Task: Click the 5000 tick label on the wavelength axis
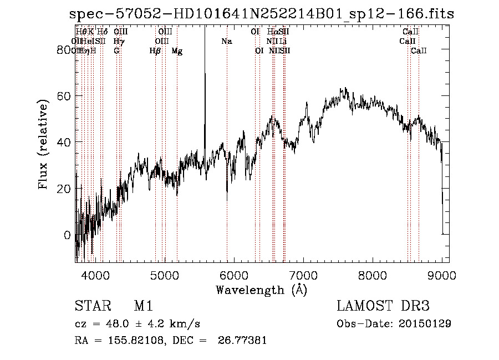click(x=164, y=276)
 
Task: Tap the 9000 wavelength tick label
click(x=442, y=276)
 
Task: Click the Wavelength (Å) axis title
click(x=261, y=290)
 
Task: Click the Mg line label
click(x=176, y=50)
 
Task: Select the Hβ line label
click(x=155, y=50)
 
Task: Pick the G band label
click(x=116, y=50)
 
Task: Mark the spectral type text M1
click(x=143, y=306)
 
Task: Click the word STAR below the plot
click(x=89, y=306)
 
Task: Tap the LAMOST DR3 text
click(x=383, y=306)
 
